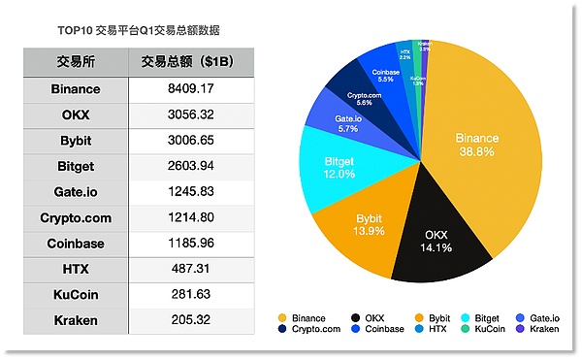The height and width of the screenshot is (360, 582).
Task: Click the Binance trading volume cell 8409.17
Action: tap(189, 89)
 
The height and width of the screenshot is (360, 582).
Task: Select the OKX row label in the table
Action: tap(76, 115)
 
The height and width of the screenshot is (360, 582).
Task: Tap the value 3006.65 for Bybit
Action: tap(189, 140)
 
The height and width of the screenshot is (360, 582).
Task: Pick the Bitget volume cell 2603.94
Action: tap(189, 165)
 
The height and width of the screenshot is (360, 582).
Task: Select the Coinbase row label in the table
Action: tap(76, 242)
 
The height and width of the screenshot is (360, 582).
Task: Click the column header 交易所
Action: tap(76, 63)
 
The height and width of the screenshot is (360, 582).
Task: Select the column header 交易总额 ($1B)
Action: tap(189, 63)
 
